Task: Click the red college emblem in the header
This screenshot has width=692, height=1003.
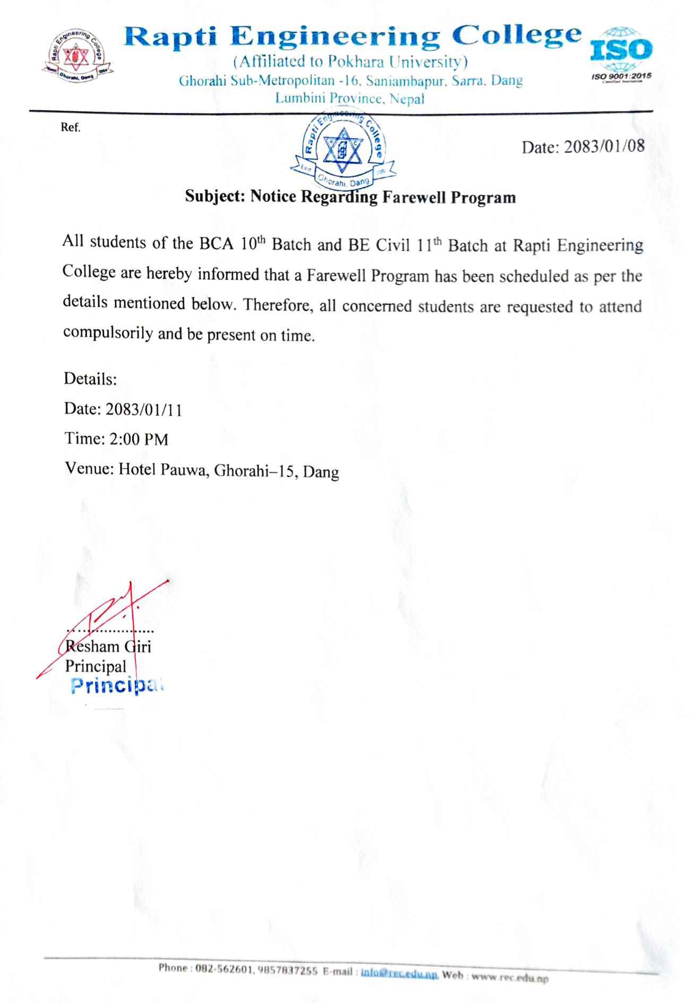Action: pos(74,54)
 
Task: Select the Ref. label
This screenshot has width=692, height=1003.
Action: pos(71,128)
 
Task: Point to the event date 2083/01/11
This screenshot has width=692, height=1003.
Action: pos(143,409)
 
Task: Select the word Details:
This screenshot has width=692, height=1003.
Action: pos(90,379)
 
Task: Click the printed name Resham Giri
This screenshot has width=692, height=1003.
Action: pos(108,647)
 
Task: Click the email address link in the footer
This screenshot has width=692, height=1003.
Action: pos(399,974)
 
